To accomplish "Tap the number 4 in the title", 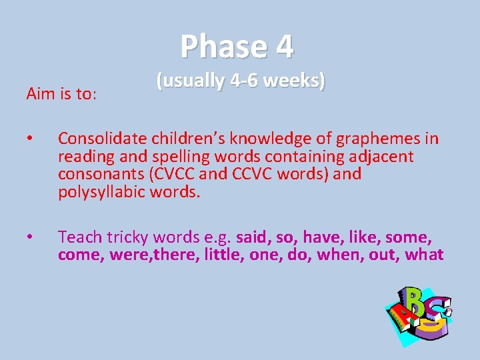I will pos(283,47).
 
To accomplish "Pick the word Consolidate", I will pos(103,139).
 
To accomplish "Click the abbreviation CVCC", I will pos(175,175).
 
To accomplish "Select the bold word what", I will pos(423,255).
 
